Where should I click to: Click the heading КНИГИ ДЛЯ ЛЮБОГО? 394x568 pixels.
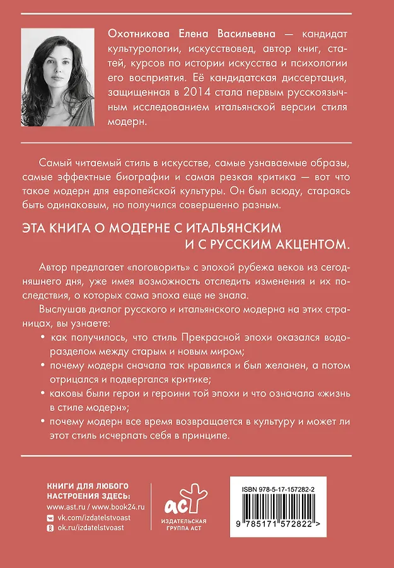point(88,485)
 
